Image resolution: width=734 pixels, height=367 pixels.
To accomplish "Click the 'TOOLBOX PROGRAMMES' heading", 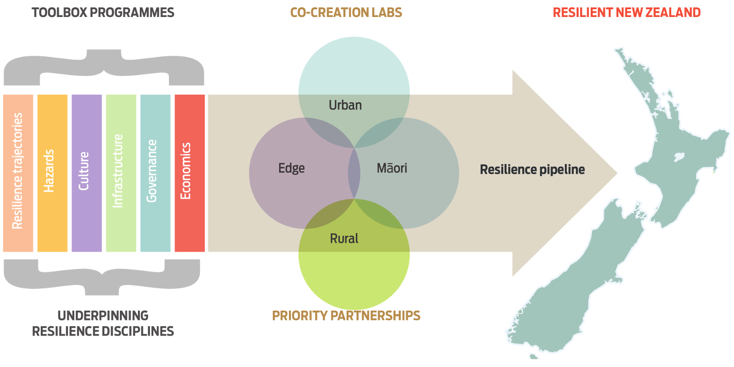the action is pyautogui.click(x=103, y=13).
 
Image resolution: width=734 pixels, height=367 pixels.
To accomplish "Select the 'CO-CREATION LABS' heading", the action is pyautogui.click(x=346, y=13).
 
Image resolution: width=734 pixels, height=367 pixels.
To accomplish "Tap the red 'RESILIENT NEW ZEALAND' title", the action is pyautogui.click(x=627, y=13).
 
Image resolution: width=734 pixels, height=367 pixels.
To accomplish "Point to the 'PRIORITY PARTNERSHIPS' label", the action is pyautogui.click(x=346, y=316).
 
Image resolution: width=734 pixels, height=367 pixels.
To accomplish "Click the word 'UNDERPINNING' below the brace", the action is pyautogui.click(x=103, y=316).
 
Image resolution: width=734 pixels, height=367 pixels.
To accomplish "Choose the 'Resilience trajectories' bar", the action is pyautogui.click(x=18, y=173).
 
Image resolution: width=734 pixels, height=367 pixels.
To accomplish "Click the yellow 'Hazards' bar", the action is pyautogui.click(x=52, y=173).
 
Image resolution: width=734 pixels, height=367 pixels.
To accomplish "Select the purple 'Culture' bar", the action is pyautogui.click(x=87, y=173).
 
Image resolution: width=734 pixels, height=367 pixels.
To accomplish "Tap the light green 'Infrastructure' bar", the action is pyautogui.click(x=121, y=173).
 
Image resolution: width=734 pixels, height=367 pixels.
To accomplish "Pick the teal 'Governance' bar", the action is pyautogui.click(x=155, y=173).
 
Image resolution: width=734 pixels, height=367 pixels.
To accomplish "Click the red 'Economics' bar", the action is pyautogui.click(x=190, y=173).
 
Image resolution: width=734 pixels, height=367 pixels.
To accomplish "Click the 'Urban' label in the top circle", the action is pyautogui.click(x=345, y=105).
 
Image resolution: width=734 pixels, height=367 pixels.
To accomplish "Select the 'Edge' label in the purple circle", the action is pyautogui.click(x=291, y=168).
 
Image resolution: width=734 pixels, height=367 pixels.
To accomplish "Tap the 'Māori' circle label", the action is pyautogui.click(x=392, y=168).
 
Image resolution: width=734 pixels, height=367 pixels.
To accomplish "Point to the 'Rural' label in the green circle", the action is pyautogui.click(x=344, y=238).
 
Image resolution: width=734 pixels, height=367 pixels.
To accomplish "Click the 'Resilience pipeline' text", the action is pyautogui.click(x=533, y=170).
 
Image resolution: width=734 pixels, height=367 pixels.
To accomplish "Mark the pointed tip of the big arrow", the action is pyautogui.click(x=617, y=173).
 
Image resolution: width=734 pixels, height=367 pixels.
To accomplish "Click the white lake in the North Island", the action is pyautogui.click(x=679, y=157).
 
